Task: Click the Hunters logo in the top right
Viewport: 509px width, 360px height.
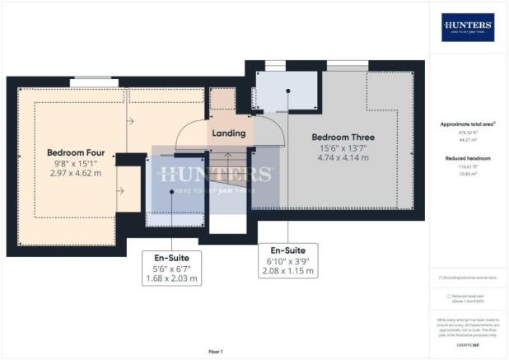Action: click(468, 27)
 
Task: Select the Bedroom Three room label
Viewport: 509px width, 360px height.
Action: click(343, 138)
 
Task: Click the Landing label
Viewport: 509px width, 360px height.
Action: click(228, 133)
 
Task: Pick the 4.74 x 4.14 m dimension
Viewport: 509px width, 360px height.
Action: click(343, 157)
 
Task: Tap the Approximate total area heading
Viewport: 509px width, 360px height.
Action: click(467, 124)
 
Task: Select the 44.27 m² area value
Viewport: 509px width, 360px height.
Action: click(467, 141)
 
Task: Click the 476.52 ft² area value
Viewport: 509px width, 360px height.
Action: click(467, 133)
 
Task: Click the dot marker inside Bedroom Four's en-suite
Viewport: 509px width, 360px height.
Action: click(171, 191)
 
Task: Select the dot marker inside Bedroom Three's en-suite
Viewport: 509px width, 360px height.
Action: click(287, 91)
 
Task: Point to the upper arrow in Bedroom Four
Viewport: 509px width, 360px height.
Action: click(129, 122)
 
